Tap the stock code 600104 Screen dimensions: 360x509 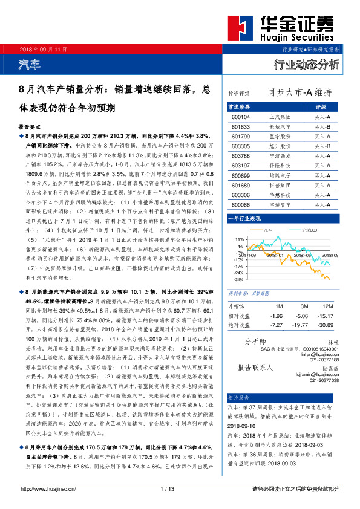coord(240,117)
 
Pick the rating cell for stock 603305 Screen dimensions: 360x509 coord(321,146)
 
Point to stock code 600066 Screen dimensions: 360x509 coord(240,205)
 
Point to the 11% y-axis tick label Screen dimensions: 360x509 coord(239,239)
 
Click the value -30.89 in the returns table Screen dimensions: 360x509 coord(326,325)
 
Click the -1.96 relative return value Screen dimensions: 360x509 coord(277,316)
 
